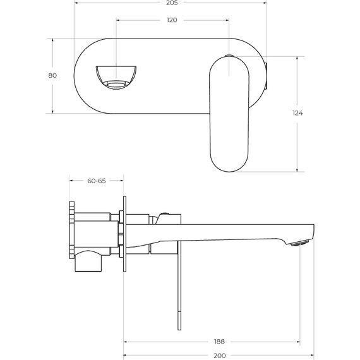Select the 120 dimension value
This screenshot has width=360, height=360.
click(172, 20)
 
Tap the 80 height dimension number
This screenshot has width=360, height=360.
click(52, 76)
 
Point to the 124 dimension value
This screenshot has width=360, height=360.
click(298, 113)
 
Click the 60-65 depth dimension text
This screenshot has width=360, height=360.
click(96, 181)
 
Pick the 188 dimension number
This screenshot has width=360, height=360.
click(219, 341)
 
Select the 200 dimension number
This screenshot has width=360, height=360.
click(219, 355)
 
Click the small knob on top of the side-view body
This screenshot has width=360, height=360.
click(165, 213)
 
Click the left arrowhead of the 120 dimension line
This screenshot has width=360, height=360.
click(119, 20)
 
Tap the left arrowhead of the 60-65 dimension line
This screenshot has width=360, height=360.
click(72, 181)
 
